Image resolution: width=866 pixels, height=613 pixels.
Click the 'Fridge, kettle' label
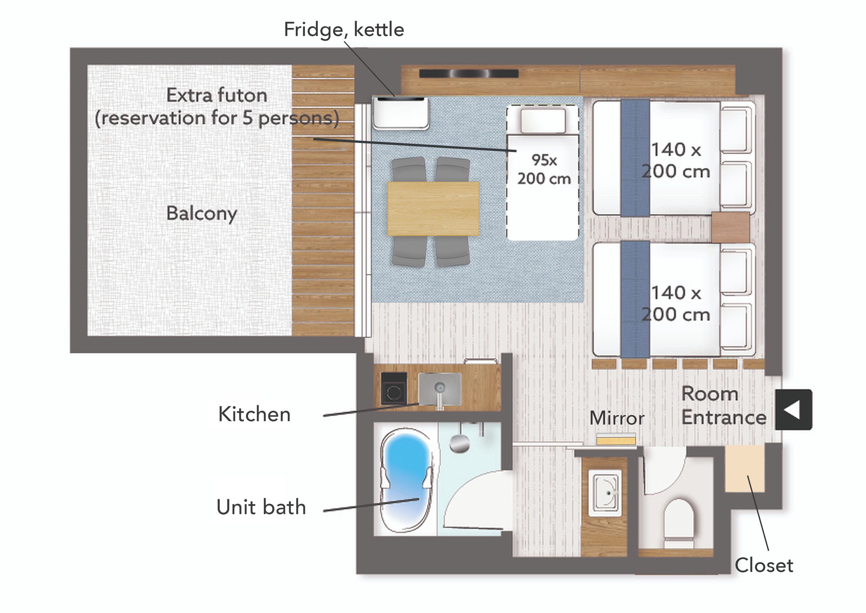click(x=344, y=30)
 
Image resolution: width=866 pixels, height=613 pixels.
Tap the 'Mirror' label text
click(x=617, y=418)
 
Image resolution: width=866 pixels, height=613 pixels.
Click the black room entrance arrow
click(x=794, y=410)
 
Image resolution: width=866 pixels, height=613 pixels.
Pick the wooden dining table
click(x=433, y=209)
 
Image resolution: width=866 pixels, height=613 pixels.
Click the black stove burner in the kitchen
click(x=394, y=389)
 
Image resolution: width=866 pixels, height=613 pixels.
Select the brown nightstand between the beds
click(x=730, y=227)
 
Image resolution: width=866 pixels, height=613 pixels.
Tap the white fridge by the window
click(x=401, y=113)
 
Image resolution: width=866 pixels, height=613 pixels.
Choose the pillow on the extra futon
click(x=543, y=120)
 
